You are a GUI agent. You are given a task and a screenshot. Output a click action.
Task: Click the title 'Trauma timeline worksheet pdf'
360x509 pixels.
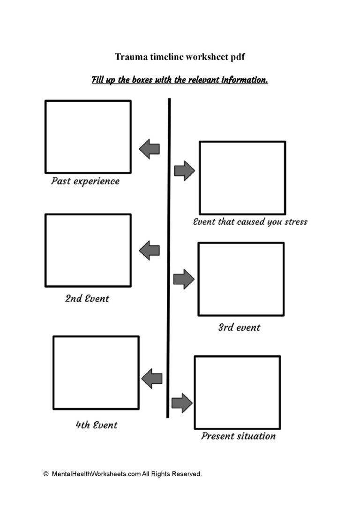tap(180, 57)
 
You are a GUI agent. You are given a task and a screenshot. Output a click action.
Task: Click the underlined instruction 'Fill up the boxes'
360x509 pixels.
tap(180, 80)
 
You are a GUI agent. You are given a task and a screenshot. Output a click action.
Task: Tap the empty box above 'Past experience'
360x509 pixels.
tap(88, 137)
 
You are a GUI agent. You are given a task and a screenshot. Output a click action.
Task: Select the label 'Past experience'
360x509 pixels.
tap(85, 181)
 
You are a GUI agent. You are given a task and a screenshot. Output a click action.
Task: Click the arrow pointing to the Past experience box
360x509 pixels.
tap(150, 149)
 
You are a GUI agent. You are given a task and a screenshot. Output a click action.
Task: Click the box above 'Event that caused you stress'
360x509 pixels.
tap(242, 178)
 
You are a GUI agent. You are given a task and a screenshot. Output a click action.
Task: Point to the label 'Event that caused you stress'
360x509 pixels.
tap(250, 222)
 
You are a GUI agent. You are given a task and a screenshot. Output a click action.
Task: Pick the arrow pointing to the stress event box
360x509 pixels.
tap(184, 170)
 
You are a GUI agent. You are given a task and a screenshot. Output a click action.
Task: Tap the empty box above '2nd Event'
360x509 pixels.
tap(88, 250)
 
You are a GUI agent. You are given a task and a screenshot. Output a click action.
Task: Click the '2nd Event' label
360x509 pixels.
tap(87, 298)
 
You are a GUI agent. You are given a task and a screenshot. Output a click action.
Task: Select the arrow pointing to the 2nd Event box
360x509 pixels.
tap(150, 250)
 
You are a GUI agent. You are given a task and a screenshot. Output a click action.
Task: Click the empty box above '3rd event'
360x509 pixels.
tap(241, 279)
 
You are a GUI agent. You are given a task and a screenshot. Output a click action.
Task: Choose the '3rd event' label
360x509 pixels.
tap(239, 327)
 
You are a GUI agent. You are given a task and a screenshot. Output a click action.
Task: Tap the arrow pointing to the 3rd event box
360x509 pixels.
tap(184, 279)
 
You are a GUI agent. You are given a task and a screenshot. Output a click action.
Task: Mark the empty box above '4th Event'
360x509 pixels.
tap(96, 372)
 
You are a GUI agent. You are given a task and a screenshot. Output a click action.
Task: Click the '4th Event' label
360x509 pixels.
tap(97, 425)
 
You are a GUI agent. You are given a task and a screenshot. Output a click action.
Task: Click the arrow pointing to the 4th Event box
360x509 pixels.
tap(152, 378)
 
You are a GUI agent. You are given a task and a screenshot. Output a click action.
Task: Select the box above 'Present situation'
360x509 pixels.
tap(237, 392)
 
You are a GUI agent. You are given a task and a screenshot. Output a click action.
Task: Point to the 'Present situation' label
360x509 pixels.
tap(239, 436)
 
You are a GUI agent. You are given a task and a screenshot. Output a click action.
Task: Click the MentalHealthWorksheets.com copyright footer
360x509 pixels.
tap(123, 474)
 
